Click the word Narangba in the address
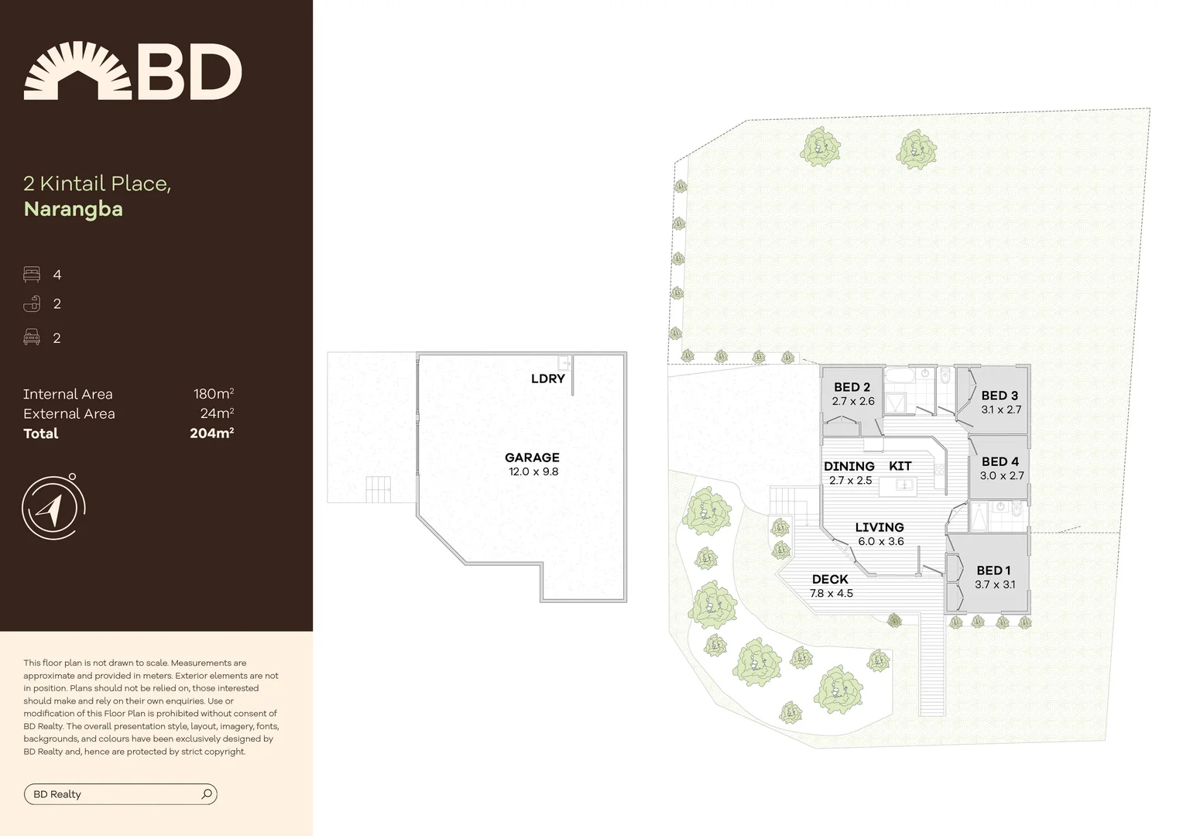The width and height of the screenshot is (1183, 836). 74,209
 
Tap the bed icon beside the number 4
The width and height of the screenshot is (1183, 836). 32,275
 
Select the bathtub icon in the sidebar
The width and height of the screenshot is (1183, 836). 32,303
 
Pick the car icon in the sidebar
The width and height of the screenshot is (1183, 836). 32,337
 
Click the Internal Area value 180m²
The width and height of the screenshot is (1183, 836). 213,394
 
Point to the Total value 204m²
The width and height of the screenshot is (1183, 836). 211,433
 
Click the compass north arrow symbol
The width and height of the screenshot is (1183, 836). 51,509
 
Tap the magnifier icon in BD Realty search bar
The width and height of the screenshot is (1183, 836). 207,794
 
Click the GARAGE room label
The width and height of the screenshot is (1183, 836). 532,457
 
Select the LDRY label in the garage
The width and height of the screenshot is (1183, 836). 547,379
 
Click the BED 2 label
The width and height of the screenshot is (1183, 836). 852,387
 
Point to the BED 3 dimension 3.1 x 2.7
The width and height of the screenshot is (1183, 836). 1000,409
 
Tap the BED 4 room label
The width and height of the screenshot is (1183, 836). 1000,461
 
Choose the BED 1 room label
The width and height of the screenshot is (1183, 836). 993,570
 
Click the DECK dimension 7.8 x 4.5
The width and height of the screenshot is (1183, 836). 831,594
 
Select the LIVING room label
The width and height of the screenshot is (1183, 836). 880,527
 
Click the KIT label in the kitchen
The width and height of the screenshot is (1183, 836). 900,466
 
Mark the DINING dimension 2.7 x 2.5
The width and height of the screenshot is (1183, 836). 850,481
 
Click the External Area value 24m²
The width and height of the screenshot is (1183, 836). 217,414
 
